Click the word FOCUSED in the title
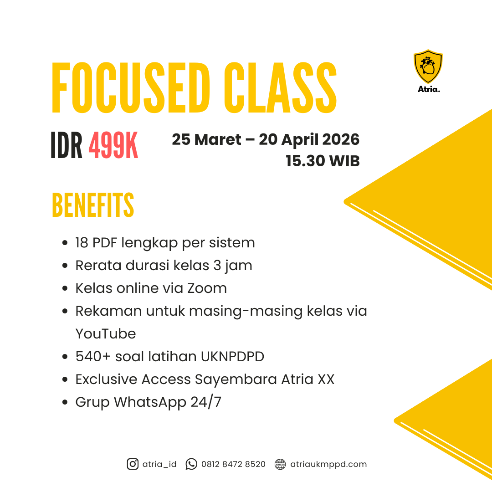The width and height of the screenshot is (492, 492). pos(131,87)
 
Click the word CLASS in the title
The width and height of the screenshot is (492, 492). pos(280,87)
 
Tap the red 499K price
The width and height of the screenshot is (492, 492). pos(113,146)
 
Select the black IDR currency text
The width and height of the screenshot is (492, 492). pos(66,146)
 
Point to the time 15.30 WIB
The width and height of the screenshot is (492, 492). pos(323,161)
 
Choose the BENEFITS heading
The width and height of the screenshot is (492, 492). pos(93,205)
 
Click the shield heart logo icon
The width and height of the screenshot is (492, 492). pos(428,66)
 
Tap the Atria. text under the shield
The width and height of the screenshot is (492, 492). pos(429,89)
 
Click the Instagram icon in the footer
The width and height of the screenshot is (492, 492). pos(133,464)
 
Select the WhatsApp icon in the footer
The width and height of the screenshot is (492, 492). pos(191,464)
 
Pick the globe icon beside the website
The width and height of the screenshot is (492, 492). pos(280,464)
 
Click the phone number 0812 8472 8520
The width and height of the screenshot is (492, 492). pos(233,464)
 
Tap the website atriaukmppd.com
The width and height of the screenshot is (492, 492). pos(328,464)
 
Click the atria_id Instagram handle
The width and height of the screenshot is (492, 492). pos(159,464)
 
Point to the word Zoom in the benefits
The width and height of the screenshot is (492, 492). pos(207,288)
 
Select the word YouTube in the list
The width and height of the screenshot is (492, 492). pos(106,333)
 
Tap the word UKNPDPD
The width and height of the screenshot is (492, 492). pos(232,356)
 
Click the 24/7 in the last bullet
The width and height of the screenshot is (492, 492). pos(206,402)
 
